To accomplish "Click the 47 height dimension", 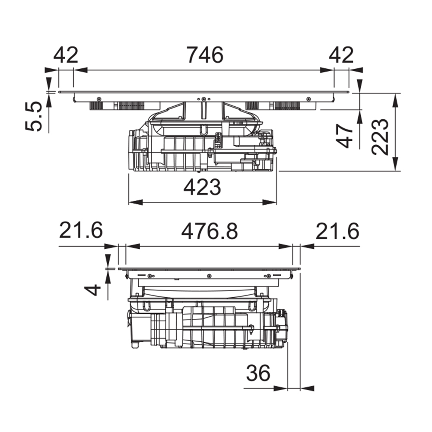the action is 344,136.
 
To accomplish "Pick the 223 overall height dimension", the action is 380,137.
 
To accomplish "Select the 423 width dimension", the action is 202,187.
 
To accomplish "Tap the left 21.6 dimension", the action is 81,230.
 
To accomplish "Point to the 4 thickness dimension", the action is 92,290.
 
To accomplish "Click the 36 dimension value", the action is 258,373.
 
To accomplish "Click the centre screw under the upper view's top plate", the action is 203,99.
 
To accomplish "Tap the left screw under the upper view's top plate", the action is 98,98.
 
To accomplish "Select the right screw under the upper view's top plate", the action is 308,98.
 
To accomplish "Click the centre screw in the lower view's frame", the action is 209,276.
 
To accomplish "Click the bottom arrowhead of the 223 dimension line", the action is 395,164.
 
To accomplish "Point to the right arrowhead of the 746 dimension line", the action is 327,70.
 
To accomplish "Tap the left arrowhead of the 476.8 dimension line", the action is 133,246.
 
